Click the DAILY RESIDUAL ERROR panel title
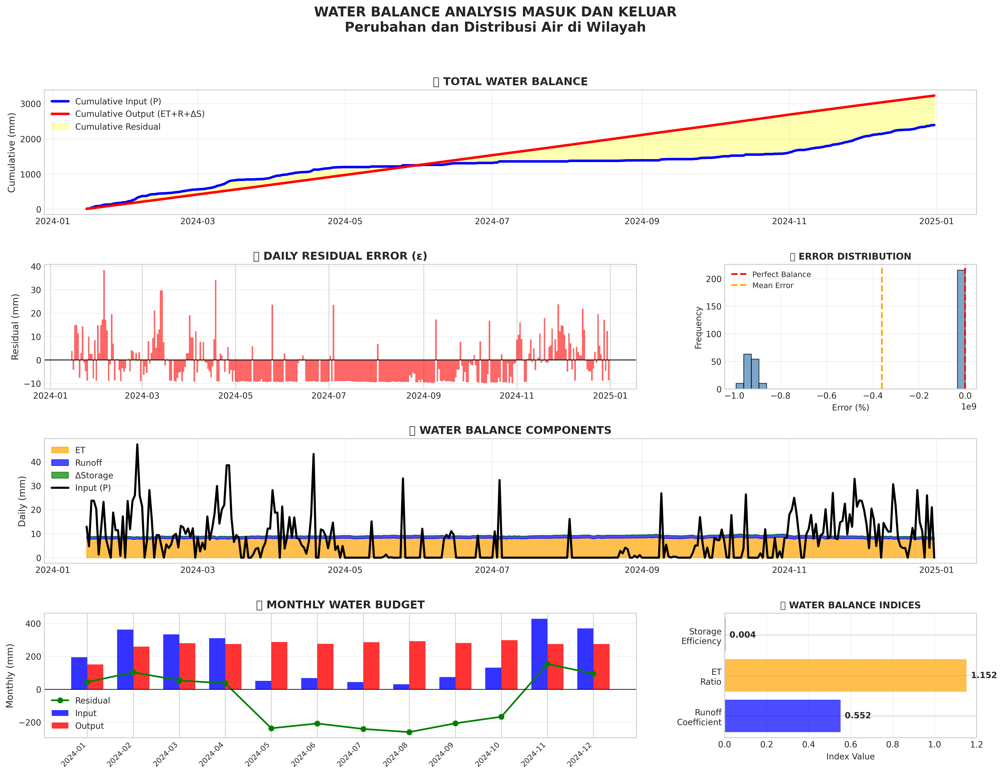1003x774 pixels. pos(340,256)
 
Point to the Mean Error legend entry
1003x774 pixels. pos(772,285)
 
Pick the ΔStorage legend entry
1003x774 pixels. pos(94,475)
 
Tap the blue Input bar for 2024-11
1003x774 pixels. pos(539,654)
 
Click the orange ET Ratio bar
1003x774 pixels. pos(845,675)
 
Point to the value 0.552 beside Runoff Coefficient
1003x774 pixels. pos(857,716)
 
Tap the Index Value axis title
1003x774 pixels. pos(850,757)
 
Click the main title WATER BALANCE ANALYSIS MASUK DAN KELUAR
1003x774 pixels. pos(495,12)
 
